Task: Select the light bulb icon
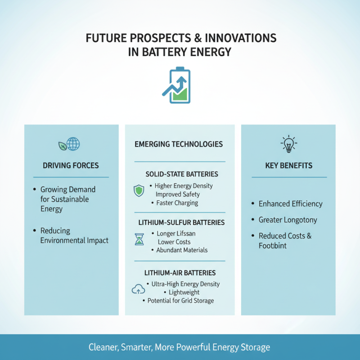[x=288, y=144]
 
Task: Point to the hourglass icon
[x=139, y=239]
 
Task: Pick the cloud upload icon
[x=138, y=289]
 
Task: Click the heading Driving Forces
[x=71, y=166]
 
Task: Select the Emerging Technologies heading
[x=179, y=144]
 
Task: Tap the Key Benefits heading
[x=288, y=166]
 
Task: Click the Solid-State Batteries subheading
[x=182, y=174]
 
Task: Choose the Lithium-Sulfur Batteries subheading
[x=182, y=223]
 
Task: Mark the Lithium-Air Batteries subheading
[x=180, y=273]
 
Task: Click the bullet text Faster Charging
[x=177, y=203]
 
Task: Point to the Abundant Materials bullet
[x=182, y=250]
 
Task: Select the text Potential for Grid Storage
[x=180, y=301]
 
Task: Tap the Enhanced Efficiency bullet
[x=290, y=204]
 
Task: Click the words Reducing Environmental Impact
[x=74, y=235]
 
